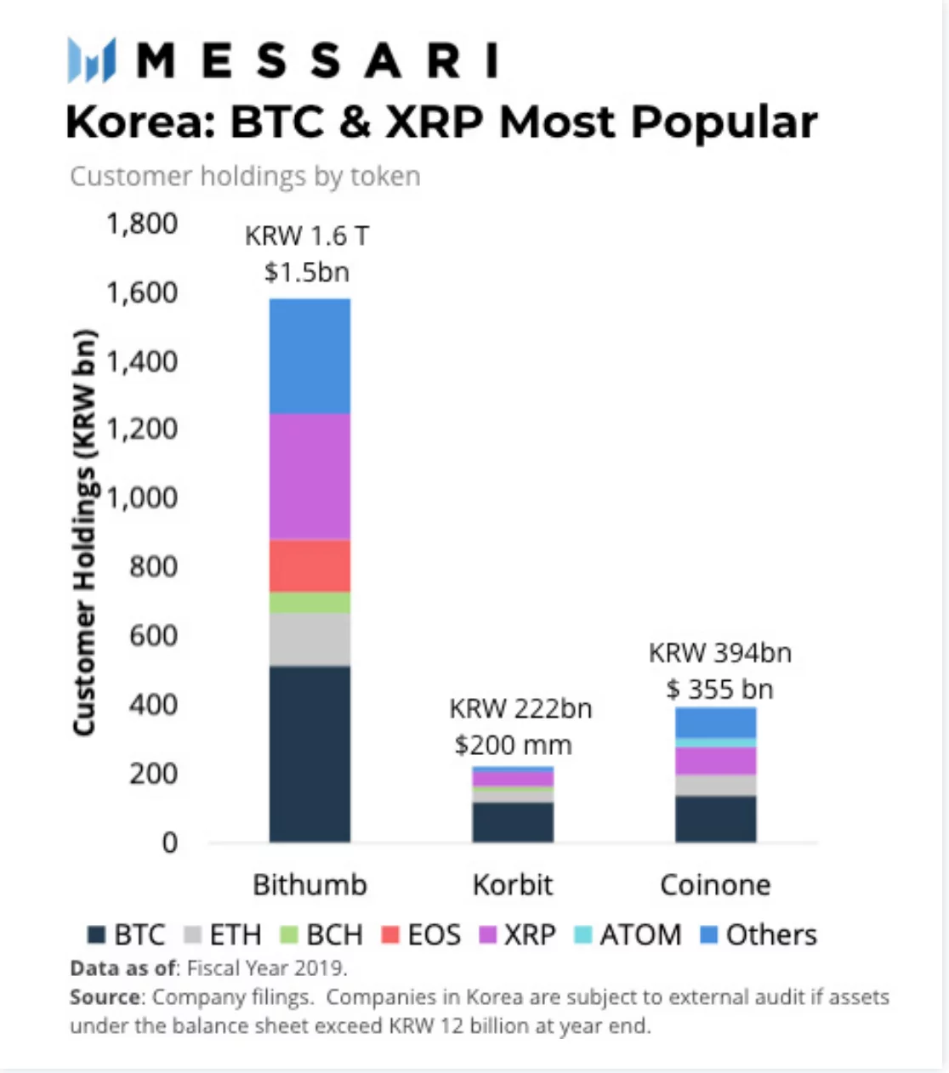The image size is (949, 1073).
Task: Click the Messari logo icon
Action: click(x=91, y=60)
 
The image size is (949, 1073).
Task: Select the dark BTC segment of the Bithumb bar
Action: click(x=310, y=753)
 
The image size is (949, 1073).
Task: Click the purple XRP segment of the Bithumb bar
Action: click(x=310, y=476)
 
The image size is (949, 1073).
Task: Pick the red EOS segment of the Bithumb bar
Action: click(x=310, y=566)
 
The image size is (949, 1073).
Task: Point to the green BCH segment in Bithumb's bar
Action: click(x=310, y=603)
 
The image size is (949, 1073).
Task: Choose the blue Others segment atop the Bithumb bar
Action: click(x=310, y=356)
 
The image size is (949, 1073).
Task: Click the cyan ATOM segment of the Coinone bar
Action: click(x=715, y=742)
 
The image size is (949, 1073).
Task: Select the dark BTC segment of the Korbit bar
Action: click(x=513, y=822)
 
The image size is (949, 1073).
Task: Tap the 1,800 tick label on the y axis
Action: click(x=141, y=224)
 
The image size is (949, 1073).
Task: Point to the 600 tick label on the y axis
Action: click(x=153, y=635)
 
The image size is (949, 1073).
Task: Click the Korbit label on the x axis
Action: click(x=513, y=885)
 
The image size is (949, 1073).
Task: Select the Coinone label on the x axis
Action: click(x=715, y=885)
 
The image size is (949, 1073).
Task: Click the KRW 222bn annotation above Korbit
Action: click(x=520, y=708)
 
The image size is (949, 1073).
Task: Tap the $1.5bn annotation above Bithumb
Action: click(x=306, y=272)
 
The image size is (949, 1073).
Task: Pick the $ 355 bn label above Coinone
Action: click(x=719, y=689)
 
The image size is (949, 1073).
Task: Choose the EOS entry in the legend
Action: click(x=422, y=934)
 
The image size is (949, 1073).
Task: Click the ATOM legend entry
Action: click(x=628, y=934)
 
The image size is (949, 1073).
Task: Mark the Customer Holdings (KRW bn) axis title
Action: click(x=83, y=532)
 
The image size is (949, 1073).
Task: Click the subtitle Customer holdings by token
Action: click(x=245, y=176)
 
